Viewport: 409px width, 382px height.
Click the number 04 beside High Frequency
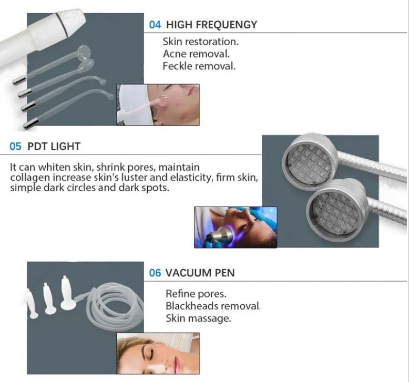coord(155,25)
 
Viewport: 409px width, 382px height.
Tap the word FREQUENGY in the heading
coord(226,25)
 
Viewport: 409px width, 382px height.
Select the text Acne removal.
coord(196,54)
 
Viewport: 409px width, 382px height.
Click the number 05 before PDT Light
coord(15,146)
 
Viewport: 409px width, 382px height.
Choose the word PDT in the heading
coord(37,146)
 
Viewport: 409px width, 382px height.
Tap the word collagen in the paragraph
coord(30,178)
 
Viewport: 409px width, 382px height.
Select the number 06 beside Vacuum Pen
coord(155,273)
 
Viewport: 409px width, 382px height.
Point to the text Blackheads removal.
coord(213,306)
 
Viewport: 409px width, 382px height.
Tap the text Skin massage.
coord(198,318)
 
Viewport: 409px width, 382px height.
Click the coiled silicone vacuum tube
coord(115,305)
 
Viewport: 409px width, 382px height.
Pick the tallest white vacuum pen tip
coord(66,292)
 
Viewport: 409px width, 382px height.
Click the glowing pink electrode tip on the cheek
coord(163,101)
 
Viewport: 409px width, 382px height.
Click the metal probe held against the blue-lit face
coord(220,234)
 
